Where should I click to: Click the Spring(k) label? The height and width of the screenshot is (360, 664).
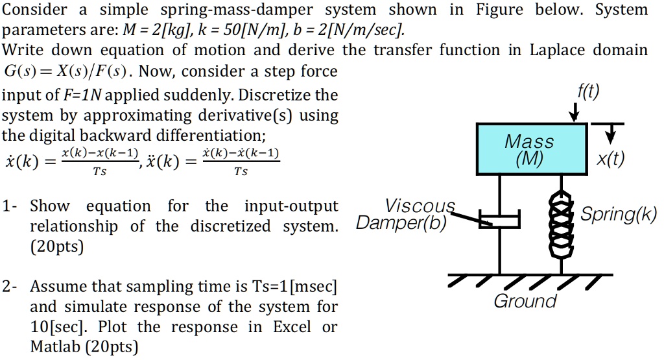point(619,214)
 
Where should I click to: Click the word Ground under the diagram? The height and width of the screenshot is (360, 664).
point(525,302)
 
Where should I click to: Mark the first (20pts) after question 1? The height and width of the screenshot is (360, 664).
point(57,247)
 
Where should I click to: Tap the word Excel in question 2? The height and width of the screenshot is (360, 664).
point(292,326)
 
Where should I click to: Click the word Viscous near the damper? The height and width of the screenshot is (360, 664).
point(420,206)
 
